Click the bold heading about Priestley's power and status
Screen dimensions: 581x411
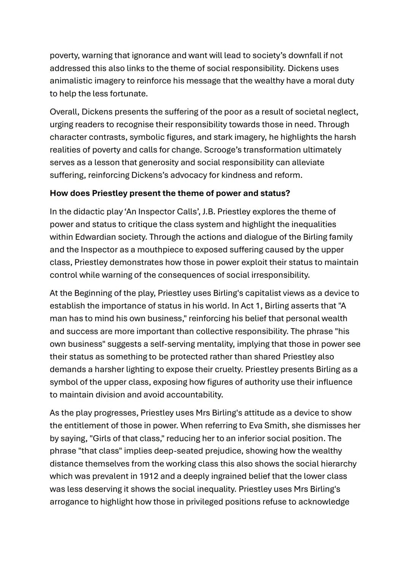(x=170, y=193)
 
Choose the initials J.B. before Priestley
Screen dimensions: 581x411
(x=209, y=212)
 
